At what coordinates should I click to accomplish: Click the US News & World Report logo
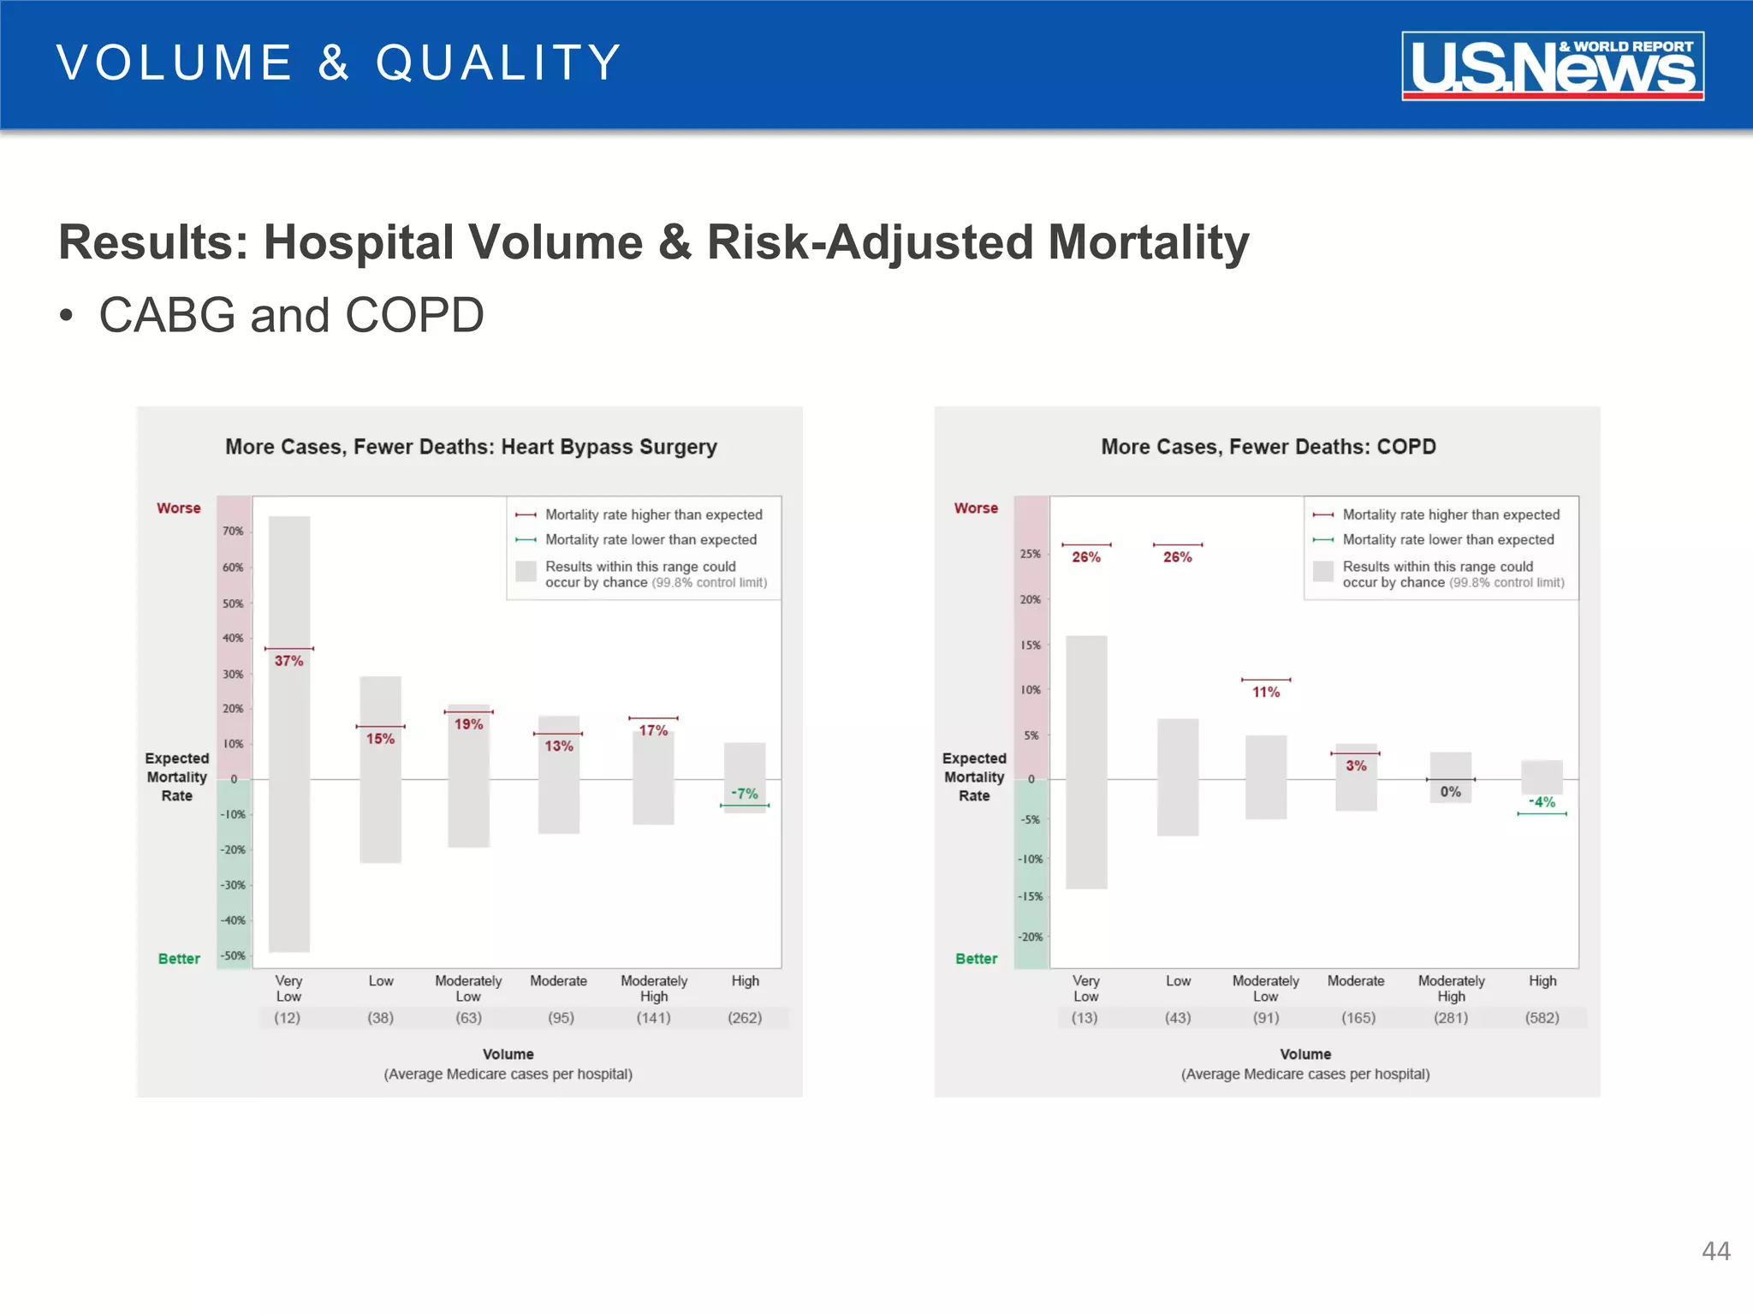[x=1552, y=66]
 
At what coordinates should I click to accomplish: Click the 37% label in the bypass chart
[x=288, y=661]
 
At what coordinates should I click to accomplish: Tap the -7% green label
[x=744, y=794]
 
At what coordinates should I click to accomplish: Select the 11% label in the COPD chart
[x=1266, y=692]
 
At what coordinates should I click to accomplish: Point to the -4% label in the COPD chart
[x=1542, y=802]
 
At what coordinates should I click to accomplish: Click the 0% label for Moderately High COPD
[x=1450, y=792]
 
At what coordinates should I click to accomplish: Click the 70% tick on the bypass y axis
[x=233, y=531]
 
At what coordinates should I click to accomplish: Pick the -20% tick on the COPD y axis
[x=1031, y=937]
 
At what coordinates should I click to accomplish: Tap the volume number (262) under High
[x=745, y=1018]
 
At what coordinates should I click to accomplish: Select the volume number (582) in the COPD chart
[x=1542, y=1018]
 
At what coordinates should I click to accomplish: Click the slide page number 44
[x=1715, y=1252]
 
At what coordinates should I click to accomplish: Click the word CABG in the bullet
[x=167, y=315]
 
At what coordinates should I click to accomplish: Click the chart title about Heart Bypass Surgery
[x=471, y=447]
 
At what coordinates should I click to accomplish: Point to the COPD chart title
[x=1268, y=447]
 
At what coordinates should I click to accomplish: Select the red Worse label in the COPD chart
[x=976, y=508]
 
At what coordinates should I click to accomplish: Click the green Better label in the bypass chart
[x=179, y=959]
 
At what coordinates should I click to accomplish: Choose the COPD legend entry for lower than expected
[x=1447, y=539]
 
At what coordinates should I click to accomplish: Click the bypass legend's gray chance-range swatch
[x=526, y=571]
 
